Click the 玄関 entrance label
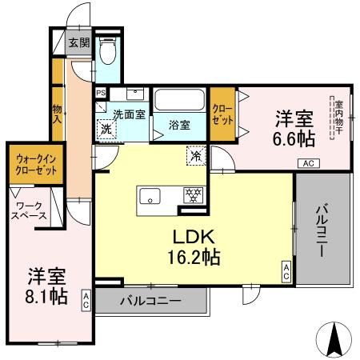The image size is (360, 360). coord(78,42)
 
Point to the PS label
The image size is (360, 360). coord(99,93)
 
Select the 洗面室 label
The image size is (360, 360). coord(128,114)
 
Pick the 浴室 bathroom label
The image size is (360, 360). coord(179,125)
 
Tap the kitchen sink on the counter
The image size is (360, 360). coord(150,194)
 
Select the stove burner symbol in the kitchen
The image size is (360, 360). coord(192,194)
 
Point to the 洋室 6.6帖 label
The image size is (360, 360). coord(294,128)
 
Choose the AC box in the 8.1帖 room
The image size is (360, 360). coord(86,300)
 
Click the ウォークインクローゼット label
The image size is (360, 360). coord(34,165)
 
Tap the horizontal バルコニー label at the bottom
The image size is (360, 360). coord(151,302)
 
